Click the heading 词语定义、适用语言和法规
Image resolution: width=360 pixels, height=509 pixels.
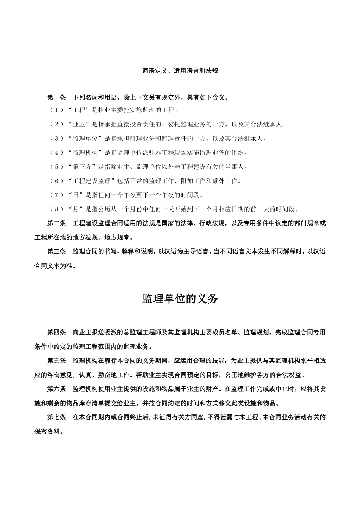[180, 71]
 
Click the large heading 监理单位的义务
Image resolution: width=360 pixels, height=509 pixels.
[180, 299]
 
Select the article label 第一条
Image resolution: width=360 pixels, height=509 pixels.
[56, 98]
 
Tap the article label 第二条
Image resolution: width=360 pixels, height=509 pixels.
[56, 223]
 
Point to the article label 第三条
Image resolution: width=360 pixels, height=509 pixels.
[56, 251]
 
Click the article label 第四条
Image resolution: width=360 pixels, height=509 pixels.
[56, 333]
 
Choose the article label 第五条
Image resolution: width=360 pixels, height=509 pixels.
[56, 361]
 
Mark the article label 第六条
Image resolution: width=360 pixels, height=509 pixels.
[56, 389]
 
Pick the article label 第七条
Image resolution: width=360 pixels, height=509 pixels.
[56, 417]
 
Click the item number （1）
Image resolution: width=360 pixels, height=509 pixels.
[56, 111]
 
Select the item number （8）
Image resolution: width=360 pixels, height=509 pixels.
[56, 209]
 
